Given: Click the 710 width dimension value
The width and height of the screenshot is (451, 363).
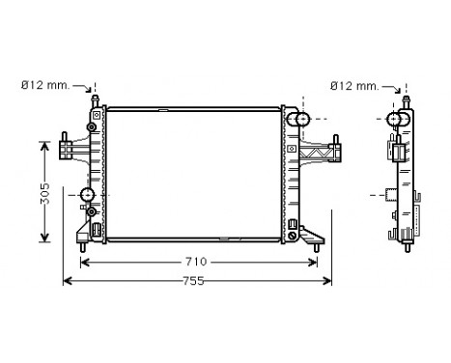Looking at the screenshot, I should click(196, 262).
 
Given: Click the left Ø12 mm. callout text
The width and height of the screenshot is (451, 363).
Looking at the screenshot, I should click(44, 86).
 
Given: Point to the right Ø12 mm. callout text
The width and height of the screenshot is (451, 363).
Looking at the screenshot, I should click(352, 86).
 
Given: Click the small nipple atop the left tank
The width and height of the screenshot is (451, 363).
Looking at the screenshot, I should click(95, 98).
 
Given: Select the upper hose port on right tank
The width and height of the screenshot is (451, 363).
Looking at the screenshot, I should click(300, 120).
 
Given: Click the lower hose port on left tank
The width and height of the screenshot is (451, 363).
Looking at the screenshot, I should click(88, 196).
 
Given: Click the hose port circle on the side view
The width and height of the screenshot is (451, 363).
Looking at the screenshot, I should click(394, 120).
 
